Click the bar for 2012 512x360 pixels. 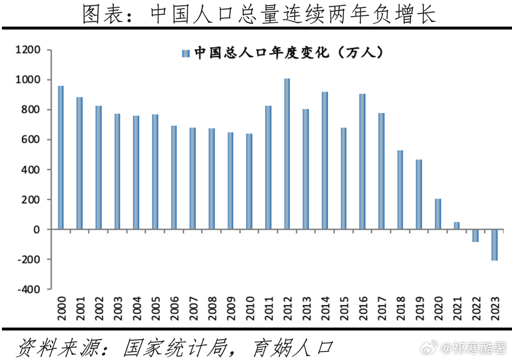tap(287, 154)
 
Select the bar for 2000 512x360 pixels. tap(61, 158)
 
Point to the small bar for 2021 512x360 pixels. tap(456, 226)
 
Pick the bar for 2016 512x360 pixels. tap(362, 162)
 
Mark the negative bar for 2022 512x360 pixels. tap(475, 235)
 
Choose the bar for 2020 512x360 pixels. tap(438, 214)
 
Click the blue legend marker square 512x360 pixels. tap(186, 53)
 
